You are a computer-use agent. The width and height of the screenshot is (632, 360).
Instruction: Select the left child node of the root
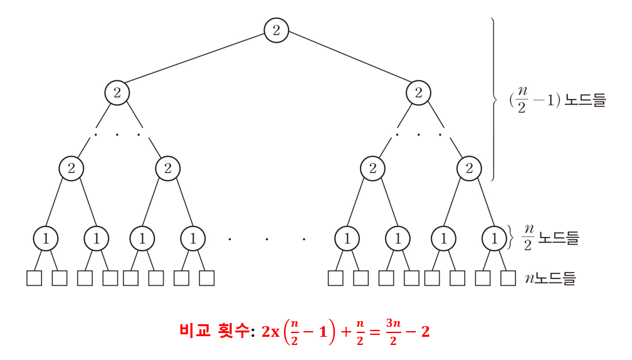[x=117, y=93]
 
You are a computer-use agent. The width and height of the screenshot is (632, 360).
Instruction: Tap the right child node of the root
[x=418, y=93]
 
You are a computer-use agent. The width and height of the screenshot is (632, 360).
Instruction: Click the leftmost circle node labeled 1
[x=46, y=238]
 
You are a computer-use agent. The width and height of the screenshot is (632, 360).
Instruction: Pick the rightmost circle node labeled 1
[x=494, y=238]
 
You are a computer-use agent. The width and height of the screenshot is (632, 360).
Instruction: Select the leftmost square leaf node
[x=34, y=278]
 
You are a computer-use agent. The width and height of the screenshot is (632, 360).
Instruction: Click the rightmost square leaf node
[x=508, y=278]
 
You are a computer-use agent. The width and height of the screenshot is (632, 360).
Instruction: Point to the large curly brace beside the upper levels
[x=494, y=99]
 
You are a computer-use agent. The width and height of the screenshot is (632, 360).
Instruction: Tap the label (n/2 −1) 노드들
[x=558, y=100]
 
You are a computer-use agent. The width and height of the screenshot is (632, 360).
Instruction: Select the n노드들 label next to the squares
[x=550, y=278]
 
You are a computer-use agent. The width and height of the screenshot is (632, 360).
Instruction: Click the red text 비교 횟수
[x=213, y=331]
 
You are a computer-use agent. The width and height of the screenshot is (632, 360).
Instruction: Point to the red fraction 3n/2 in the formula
[x=392, y=331]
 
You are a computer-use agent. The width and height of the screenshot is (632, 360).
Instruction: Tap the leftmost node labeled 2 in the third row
[x=71, y=168]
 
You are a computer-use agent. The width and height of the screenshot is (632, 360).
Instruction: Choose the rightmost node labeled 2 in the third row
[x=468, y=168]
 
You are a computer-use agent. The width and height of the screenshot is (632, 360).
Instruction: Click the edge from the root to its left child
[x=197, y=62]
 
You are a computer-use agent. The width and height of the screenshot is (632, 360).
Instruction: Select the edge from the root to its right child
[x=347, y=62]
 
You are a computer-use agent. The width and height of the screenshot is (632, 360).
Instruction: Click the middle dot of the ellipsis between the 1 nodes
[x=266, y=239]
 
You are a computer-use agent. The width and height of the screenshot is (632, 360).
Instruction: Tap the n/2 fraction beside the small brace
[x=527, y=238]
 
